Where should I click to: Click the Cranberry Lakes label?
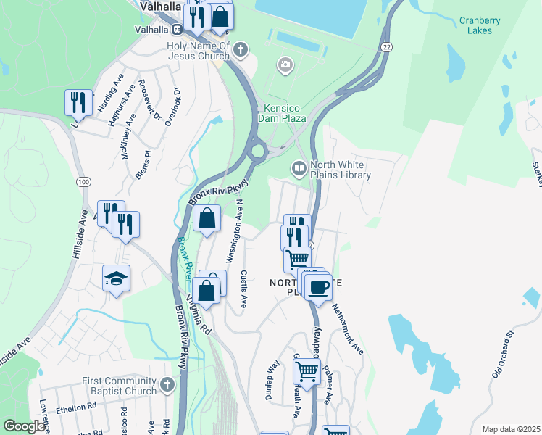(480, 25)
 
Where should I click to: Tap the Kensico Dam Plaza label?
(282, 112)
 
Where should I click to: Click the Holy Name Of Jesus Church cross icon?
(241, 50)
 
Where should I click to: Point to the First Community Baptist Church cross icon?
(167, 384)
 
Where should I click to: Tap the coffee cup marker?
(317, 288)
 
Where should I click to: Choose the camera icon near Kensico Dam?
(285, 66)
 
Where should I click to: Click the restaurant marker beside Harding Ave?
(78, 101)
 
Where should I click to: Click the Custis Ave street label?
(243, 289)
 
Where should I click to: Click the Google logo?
(24, 426)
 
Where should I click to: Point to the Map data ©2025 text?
(510, 429)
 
